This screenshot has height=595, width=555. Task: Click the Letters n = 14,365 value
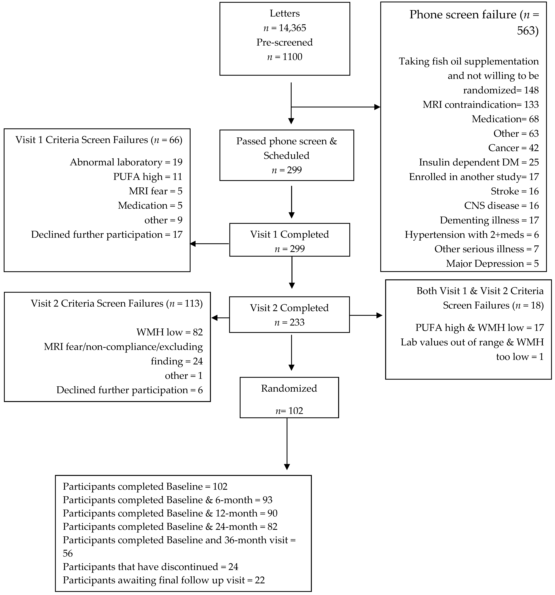point(285,28)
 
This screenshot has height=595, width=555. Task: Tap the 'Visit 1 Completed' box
point(289,240)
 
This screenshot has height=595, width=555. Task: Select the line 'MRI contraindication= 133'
point(480,104)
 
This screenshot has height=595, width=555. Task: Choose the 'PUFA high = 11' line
point(148,177)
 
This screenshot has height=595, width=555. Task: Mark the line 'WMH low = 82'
point(169,332)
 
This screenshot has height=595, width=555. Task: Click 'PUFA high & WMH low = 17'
point(479,327)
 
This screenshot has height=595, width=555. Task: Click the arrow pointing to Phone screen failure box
point(335,107)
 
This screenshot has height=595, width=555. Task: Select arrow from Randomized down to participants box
point(287,443)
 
